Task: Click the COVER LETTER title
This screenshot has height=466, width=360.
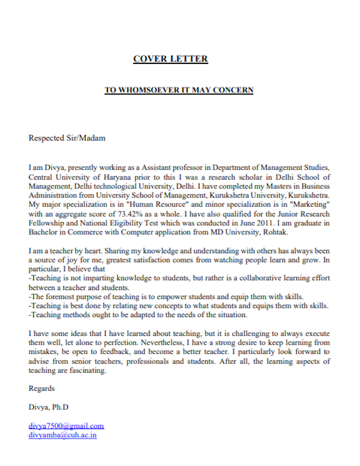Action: pos(171,59)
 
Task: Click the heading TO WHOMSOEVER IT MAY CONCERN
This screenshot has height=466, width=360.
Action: pos(179,90)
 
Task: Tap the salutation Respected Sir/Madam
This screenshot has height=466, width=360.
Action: pos(67,138)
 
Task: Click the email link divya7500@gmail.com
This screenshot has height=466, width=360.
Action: pos(66,426)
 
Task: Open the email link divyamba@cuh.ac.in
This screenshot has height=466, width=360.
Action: pos(63,435)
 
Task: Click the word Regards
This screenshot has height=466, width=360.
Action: pos(41,388)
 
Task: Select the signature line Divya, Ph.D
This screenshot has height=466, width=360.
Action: pos(49,407)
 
